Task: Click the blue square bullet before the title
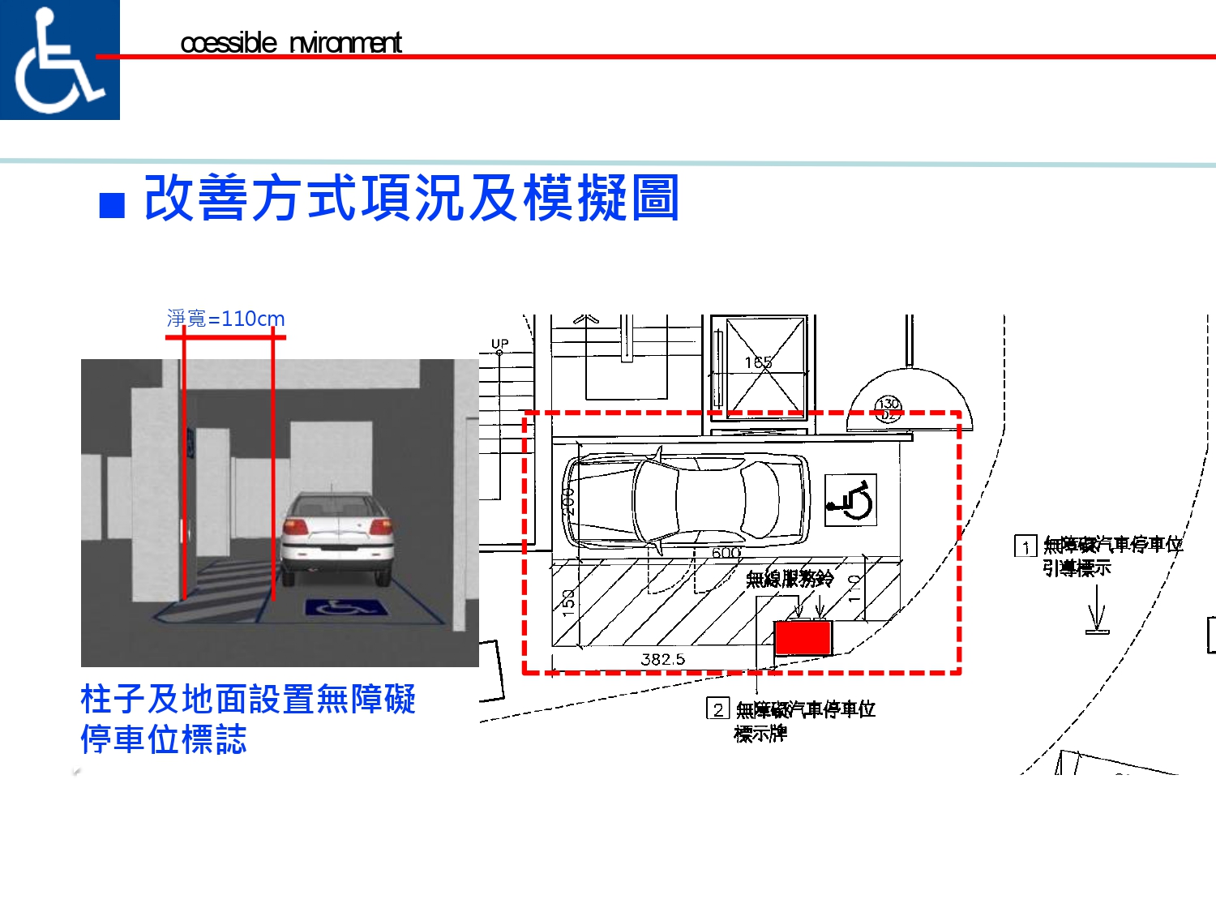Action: tap(112, 205)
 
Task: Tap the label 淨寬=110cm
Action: tap(225, 319)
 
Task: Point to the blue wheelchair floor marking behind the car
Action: tap(346, 607)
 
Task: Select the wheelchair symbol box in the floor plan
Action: tap(850, 500)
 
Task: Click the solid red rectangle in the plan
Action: tap(803, 637)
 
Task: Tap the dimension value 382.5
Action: tap(662, 659)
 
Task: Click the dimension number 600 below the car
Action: tap(726, 553)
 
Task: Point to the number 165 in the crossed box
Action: tap(759, 362)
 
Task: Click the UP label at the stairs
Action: tap(500, 344)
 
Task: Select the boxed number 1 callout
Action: tap(1025, 546)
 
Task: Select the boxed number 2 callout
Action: tap(717, 709)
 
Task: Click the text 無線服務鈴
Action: tap(790, 578)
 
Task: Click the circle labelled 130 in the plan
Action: tap(888, 408)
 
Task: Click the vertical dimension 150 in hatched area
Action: tap(568, 601)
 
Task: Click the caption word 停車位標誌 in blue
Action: tap(164, 739)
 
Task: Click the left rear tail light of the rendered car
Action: tap(296, 527)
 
